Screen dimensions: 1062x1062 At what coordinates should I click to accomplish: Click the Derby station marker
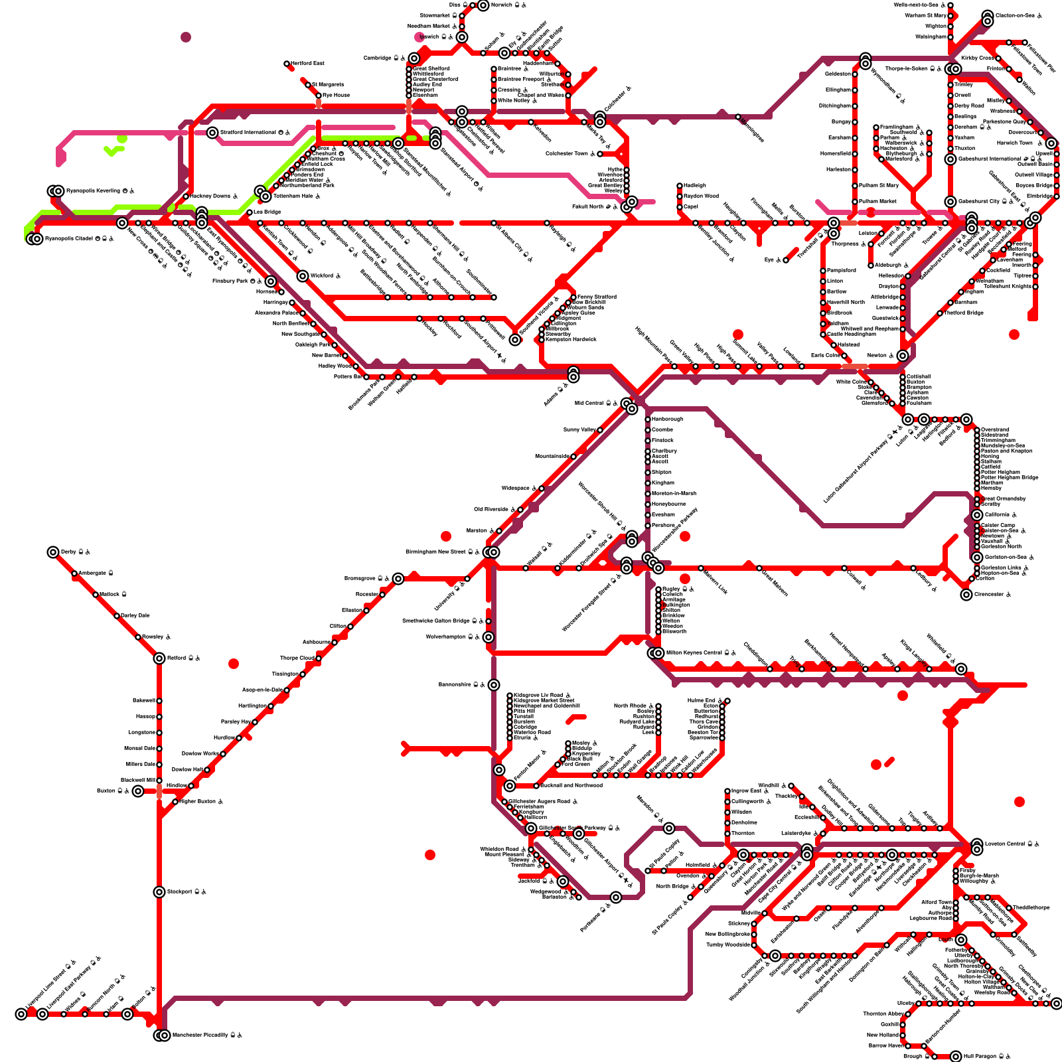coord(53,552)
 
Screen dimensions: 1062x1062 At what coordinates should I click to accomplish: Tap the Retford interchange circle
coord(159,658)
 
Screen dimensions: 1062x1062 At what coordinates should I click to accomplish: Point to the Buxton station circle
coord(137,791)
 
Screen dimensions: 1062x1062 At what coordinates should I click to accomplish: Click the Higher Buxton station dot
coord(175,802)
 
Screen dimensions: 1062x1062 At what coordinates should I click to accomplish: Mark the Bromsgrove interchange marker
coord(398,579)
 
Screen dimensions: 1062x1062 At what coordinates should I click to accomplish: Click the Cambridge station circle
coord(414,58)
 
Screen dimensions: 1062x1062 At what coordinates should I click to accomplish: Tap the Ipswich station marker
coord(462,37)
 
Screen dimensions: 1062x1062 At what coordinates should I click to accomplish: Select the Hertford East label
coord(307,63)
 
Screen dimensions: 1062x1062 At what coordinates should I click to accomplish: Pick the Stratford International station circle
coord(212,133)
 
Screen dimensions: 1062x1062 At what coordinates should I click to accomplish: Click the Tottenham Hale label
coord(293,196)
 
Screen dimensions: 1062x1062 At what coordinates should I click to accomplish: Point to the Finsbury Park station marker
coord(271,281)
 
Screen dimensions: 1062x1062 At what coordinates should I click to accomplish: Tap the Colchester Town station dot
coord(600,154)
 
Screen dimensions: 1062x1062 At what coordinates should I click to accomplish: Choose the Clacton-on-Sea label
coord(1015,15)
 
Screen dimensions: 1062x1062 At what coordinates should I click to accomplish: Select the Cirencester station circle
coord(966,595)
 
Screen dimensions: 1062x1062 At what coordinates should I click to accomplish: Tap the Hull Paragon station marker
coord(956,1057)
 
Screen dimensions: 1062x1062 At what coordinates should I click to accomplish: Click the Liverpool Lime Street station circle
coord(21,1014)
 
